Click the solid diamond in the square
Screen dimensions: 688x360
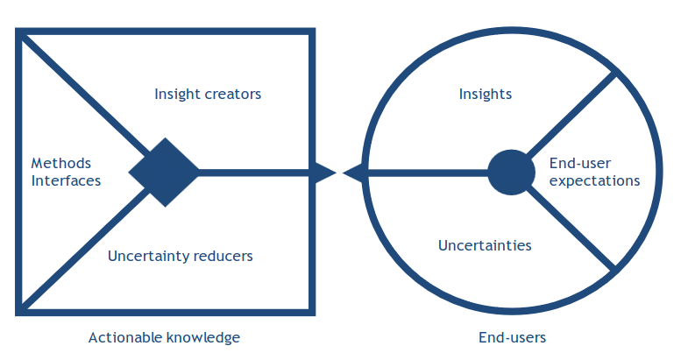click(x=165, y=173)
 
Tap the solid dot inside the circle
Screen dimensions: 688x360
click(x=511, y=173)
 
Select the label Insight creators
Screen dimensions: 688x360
click(x=208, y=94)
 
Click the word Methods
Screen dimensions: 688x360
click(x=61, y=163)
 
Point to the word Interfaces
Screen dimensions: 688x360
click(x=66, y=180)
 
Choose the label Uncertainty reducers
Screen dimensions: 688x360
click(x=181, y=256)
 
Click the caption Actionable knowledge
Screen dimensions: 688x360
click(x=164, y=337)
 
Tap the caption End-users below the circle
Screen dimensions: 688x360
click(x=512, y=337)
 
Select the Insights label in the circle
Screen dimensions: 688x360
click(x=486, y=94)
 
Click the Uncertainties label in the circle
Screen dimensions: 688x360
click(x=485, y=245)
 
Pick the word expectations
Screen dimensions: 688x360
click(x=594, y=180)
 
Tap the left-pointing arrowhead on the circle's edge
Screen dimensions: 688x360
click(x=353, y=173)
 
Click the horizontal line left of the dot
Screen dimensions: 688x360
click(x=428, y=173)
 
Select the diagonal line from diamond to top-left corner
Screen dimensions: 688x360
click(x=84, y=96)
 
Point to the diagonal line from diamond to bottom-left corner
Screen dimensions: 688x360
click(x=84, y=248)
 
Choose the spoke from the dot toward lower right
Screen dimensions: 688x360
click(x=571, y=229)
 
